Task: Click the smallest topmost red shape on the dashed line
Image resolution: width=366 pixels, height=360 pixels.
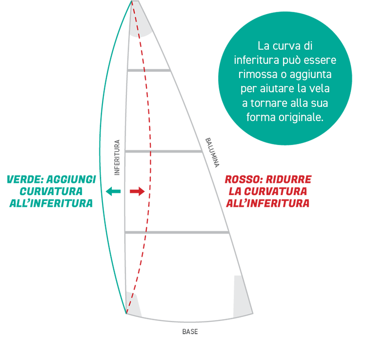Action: pos(143,53)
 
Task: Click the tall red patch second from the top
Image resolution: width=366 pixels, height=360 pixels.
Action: pos(152,112)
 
